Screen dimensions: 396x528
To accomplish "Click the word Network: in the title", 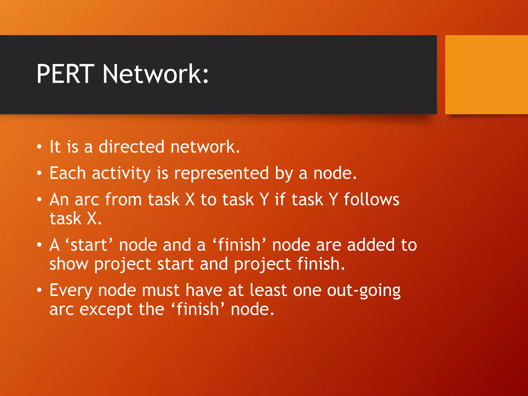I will coord(155,74).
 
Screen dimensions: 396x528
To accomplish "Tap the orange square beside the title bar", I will coord(486,75).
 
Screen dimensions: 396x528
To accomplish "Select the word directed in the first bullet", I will coord(131,147).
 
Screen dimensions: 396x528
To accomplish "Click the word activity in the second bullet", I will coord(121,174).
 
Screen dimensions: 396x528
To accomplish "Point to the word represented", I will coord(221,173).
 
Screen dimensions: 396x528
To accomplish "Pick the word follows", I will coord(372,200).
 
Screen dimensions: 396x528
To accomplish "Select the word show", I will coord(69,264).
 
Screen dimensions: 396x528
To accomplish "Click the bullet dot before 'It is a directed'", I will coord(39,147).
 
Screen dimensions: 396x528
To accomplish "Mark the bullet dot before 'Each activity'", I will coord(39,173).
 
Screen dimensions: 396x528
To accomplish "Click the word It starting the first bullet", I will coord(55,147).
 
